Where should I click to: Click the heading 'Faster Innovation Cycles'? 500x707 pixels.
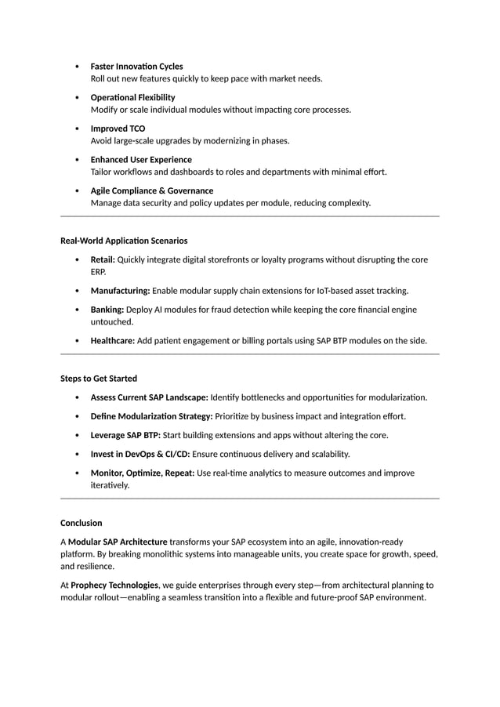[136, 67]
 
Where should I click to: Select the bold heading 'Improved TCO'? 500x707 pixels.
[118, 129]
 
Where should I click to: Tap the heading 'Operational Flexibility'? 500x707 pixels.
[132, 97]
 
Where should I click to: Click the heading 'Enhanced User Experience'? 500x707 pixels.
[141, 160]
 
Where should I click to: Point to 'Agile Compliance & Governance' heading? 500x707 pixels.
[152, 190]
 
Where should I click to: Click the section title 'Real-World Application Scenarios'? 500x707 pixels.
[124, 241]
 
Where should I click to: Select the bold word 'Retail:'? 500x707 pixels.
[103, 259]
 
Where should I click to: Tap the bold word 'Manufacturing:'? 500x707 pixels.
[120, 291]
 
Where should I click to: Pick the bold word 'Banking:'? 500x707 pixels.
[107, 310]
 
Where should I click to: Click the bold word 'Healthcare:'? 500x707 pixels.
[113, 341]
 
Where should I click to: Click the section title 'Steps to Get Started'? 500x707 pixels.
[99, 379]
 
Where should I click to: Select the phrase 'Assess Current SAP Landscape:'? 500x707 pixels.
[149, 397]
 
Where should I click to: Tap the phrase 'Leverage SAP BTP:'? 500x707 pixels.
[125, 435]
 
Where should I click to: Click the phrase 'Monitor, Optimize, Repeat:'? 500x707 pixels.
[143, 473]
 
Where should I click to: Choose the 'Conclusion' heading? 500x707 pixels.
[82, 523]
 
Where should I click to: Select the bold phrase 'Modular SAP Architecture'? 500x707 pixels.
[118, 542]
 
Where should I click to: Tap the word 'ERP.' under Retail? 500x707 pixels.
[98, 272]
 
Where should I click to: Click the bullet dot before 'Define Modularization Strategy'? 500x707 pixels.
[76, 416]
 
